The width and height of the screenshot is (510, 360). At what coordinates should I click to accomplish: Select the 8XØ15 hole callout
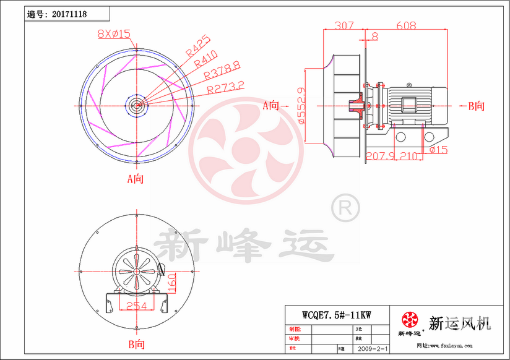pos(114,35)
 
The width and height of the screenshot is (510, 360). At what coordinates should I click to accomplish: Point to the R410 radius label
pos(205,58)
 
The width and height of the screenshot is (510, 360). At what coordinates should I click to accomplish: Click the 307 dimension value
pos(344,26)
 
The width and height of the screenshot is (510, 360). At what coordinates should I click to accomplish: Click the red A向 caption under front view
pos(135,179)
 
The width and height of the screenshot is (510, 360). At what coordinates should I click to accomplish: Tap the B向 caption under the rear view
pos(136,343)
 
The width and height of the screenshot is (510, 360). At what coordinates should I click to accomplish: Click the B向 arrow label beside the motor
pos(477,106)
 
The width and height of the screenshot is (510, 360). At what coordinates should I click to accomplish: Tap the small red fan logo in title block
pos(409,320)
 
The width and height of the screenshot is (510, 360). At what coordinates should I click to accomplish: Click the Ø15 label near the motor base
pos(438,150)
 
